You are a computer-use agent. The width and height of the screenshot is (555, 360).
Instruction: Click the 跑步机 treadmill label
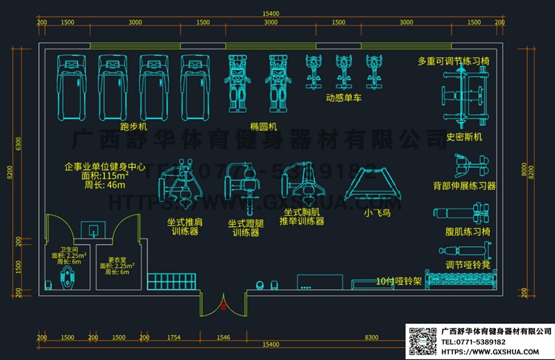point(133,128)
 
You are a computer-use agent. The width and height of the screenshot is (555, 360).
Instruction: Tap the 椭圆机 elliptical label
point(264,126)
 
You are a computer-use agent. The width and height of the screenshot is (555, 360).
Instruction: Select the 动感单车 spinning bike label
point(343,97)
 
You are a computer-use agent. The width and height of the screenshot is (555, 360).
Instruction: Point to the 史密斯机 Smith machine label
point(464,136)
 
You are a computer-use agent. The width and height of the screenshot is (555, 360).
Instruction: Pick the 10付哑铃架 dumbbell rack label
point(398,282)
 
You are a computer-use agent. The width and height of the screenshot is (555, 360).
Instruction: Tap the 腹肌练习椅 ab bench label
point(468,232)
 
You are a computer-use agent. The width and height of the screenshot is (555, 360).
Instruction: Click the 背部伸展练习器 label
point(465,186)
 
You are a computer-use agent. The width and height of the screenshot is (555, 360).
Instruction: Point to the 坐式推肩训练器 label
point(185,227)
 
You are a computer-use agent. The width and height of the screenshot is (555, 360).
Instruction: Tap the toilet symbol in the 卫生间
point(67,280)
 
